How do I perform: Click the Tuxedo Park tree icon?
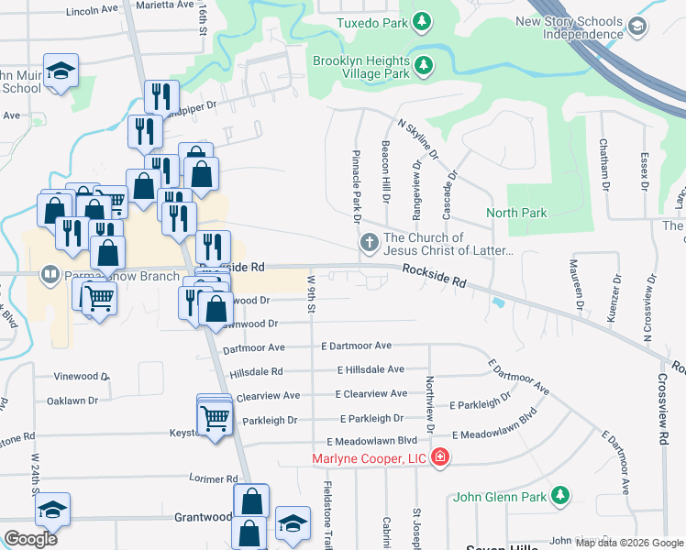coord(421,21)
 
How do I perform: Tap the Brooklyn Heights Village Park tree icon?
coord(423,65)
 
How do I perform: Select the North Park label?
coord(516,214)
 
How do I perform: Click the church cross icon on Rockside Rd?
coord(369,243)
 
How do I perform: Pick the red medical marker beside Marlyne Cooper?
coord(441,456)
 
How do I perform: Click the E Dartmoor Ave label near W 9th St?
coord(356,346)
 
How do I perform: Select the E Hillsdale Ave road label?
coord(371,370)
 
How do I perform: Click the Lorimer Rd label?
coord(213,479)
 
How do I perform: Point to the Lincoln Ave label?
coord(93,9)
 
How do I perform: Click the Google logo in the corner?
coord(31,538)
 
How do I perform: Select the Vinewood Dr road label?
coord(81,377)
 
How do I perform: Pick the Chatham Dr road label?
coord(603,165)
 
